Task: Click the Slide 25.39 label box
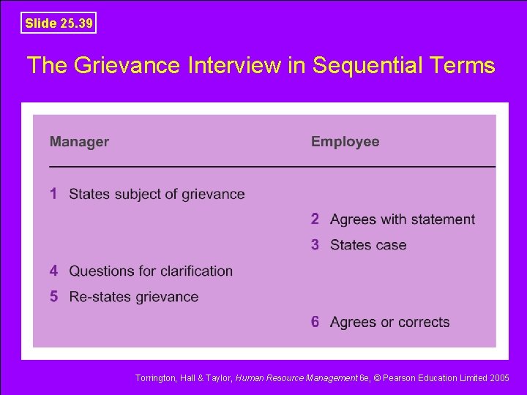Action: click(59, 23)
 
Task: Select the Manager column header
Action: click(79, 142)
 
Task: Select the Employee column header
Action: click(345, 142)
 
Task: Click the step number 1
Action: click(54, 194)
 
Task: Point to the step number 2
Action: click(315, 219)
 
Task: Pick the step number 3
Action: click(315, 245)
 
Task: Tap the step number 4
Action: click(54, 271)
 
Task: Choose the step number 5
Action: click(54, 296)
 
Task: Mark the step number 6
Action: click(315, 322)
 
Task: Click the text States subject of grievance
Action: click(157, 194)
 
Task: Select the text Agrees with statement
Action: click(403, 219)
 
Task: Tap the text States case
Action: click(368, 245)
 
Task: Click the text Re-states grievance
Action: click(134, 297)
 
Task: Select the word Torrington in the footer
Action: click(156, 378)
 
